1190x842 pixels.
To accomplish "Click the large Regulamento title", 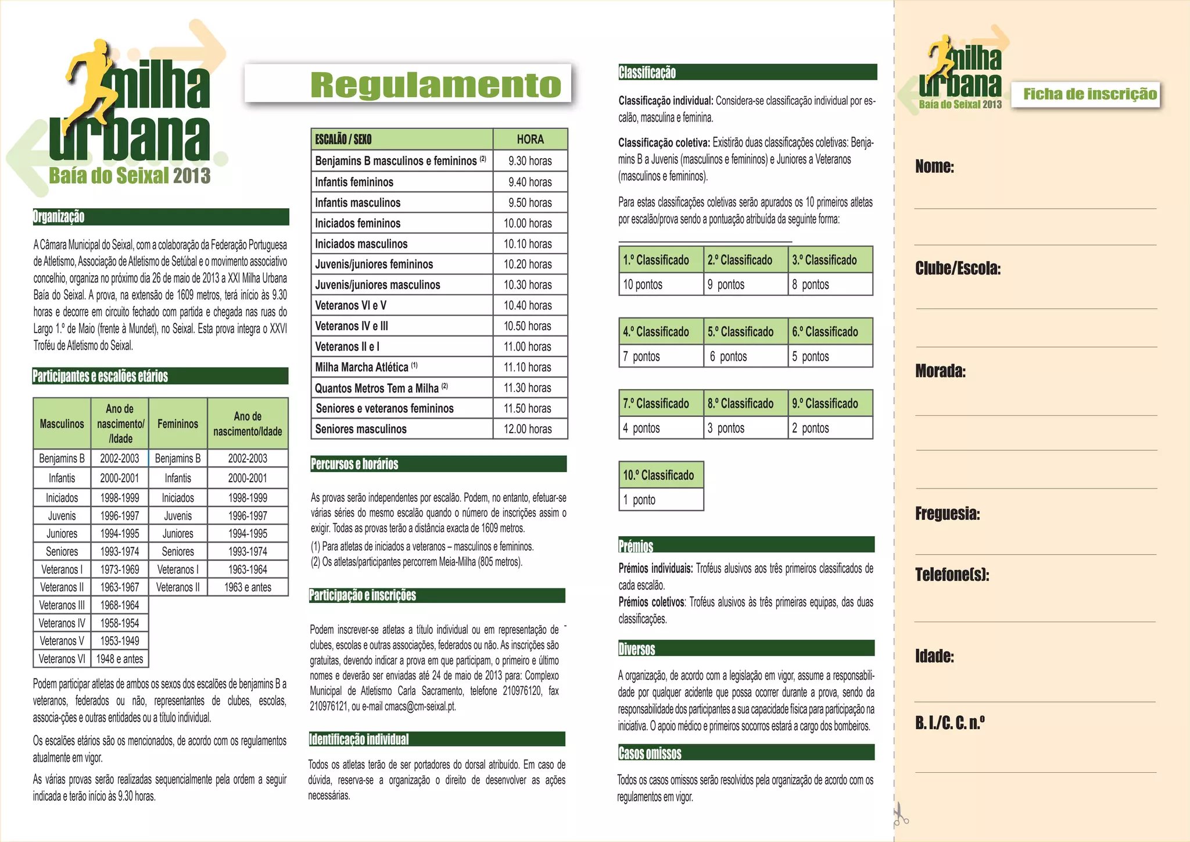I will click(x=436, y=85).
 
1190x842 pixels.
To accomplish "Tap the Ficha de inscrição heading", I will click(x=1089, y=94).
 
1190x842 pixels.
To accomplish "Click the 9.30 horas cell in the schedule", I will click(x=530, y=161).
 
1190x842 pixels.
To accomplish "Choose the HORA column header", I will click(x=530, y=140).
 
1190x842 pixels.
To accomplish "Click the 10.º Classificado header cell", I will click(x=661, y=475).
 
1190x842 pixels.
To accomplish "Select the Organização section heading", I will click(x=59, y=217).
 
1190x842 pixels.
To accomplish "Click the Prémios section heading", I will click(x=636, y=545).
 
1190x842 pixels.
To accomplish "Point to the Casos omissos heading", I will click(x=650, y=753).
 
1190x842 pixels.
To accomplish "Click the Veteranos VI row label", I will click(x=62, y=659).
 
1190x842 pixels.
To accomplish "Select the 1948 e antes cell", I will click(x=120, y=659).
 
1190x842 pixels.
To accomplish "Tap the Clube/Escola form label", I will click(x=958, y=269).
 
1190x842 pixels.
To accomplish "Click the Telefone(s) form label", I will click(x=952, y=575).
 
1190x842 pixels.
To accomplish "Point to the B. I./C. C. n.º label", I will click(x=949, y=723).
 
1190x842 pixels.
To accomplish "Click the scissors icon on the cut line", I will click(x=900, y=815).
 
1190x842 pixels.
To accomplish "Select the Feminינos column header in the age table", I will click(x=178, y=424).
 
